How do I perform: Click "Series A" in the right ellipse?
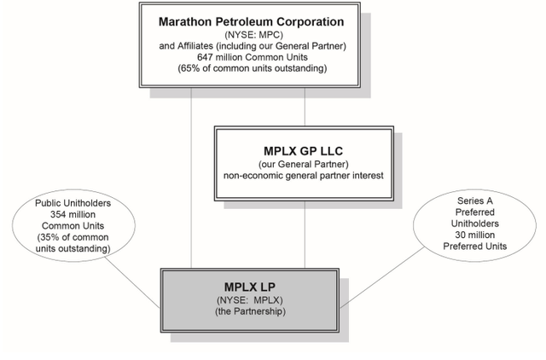(465, 200)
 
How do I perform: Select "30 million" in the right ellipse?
(465, 234)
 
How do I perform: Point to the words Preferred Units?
(465, 246)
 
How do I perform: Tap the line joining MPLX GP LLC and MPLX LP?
(305, 230)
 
